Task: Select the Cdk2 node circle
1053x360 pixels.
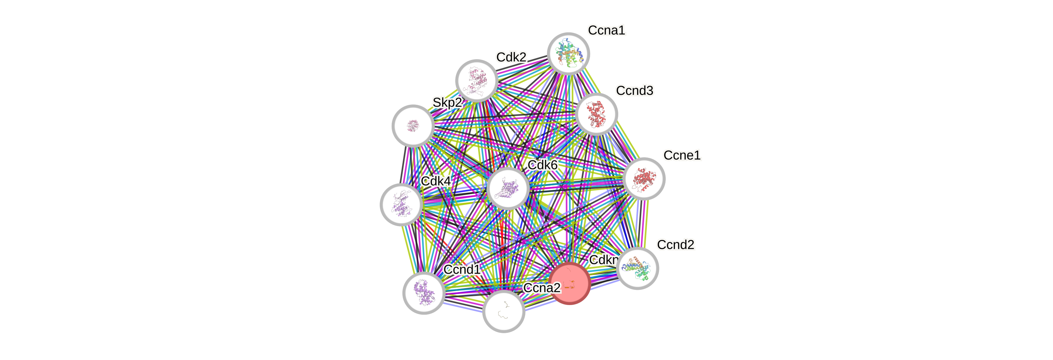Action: [x=476, y=81]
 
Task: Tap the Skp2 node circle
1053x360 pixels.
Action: [x=413, y=126]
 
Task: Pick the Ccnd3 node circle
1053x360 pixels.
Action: [x=596, y=114]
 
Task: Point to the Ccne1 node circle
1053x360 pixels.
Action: [x=644, y=179]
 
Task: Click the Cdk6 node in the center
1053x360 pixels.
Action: [x=508, y=188]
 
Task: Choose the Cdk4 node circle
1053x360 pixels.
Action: [x=401, y=205]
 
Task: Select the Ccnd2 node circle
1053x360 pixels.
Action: [x=637, y=268]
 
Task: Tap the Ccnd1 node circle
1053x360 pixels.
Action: [x=424, y=293]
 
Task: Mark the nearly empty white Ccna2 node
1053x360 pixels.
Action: [x=504, y=311]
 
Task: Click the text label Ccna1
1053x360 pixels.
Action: [x=606, y=30]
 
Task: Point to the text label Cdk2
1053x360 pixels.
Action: [x=511, y=57]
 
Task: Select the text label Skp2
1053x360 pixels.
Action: [x=447, y=103]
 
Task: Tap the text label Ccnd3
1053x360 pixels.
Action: [x=634, y=91]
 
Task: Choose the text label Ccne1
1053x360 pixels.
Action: [x=682, y=155]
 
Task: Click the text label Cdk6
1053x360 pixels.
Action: [x=543, y=165]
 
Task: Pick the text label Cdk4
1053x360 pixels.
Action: [x=436, y=181]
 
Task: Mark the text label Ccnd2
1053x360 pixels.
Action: [x=675, y=245]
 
